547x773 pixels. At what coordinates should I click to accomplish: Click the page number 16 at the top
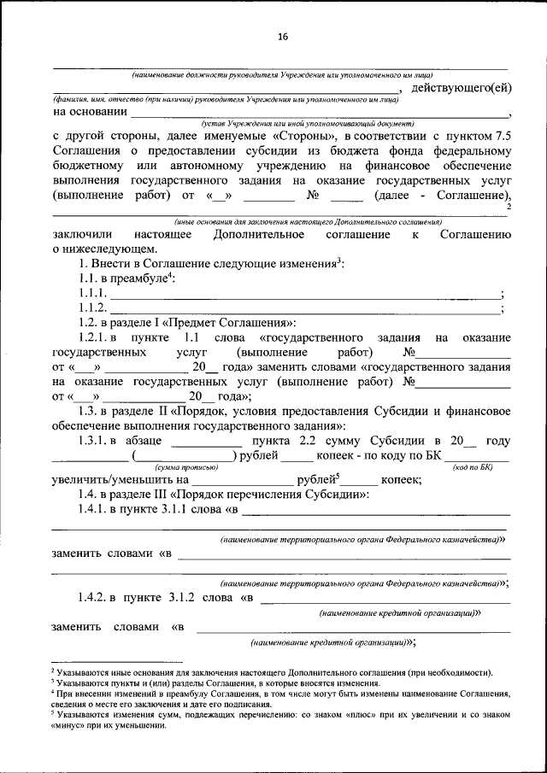[x=283, y=37]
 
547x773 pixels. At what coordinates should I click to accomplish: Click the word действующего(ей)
[x=462, y=89]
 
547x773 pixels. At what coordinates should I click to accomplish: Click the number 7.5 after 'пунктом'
[x=503, y=136]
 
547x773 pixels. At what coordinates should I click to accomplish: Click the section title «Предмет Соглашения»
[x=232, y=323]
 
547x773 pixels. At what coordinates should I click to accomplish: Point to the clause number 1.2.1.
[x=94, y=338]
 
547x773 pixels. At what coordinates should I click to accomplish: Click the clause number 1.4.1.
[x=94, y=511]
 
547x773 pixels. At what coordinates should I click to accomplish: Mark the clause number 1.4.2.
[x=94, y=598]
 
